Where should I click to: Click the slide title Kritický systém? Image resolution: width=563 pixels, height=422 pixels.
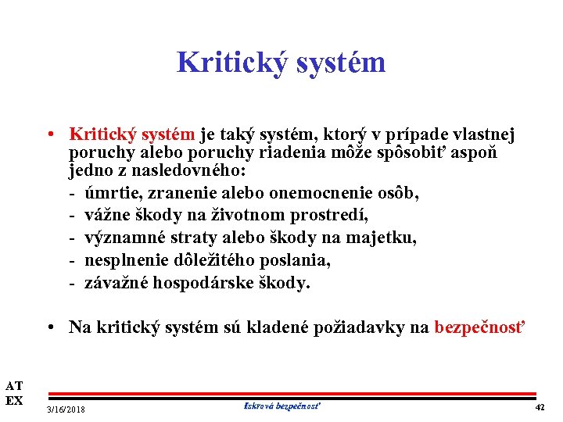[281, 63]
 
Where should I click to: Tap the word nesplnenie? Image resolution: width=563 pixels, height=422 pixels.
[126, 260]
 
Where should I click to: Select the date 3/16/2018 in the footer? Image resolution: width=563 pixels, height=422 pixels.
[66, 409]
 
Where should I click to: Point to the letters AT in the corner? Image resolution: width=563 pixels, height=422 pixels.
[14, 385]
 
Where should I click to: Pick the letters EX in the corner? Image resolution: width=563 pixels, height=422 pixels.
[14, 401]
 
